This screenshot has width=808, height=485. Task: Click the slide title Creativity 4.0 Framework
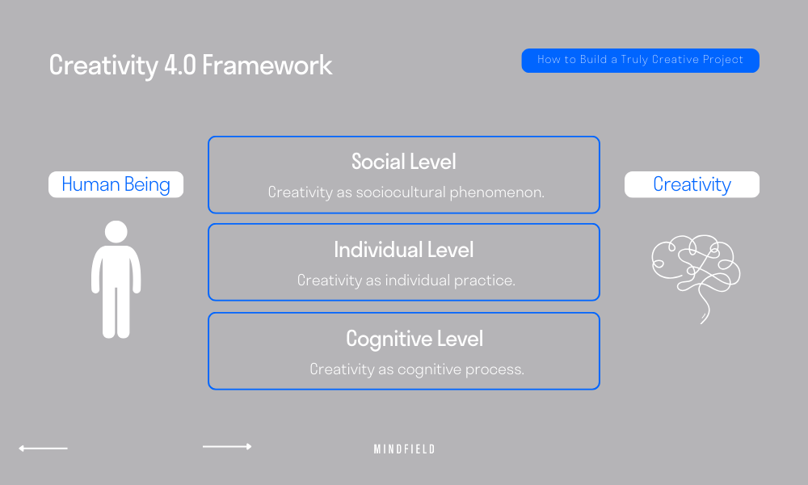point(191,65)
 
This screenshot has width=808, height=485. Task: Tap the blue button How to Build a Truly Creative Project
point(640,61)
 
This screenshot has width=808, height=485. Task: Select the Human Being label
point(116,184)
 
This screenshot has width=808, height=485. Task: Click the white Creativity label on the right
point(692,184)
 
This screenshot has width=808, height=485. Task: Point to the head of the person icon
point(116,232)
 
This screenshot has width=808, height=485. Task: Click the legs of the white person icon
point(116,311)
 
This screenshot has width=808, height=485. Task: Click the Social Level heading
point(404,162)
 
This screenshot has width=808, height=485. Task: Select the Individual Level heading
point(404,250)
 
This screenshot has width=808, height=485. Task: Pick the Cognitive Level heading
point(404,338)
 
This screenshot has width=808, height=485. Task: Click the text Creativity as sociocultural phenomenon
point(406,192)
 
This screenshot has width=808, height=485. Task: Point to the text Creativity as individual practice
point(406,280)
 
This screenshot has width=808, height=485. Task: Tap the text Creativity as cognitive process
point(417,369)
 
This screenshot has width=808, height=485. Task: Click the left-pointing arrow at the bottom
point(43,448)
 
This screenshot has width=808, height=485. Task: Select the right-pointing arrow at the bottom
point(227,446)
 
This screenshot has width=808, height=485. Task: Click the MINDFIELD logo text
point(404,449)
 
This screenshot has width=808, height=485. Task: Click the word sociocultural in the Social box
point(412,192)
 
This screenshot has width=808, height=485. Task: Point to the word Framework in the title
point(267,65)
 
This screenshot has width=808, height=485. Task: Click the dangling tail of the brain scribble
point(705,311)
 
